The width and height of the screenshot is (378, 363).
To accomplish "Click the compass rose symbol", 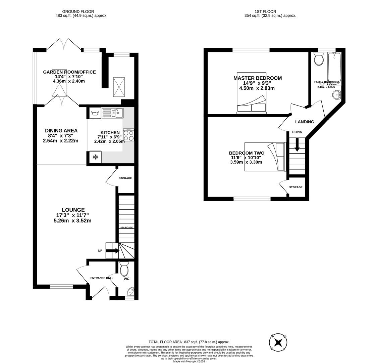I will (278, 342).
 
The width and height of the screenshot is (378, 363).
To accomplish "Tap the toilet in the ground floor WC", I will (124, 269).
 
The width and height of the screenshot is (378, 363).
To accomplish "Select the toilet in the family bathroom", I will (319, 59).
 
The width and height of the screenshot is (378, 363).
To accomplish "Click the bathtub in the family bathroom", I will (334, 67).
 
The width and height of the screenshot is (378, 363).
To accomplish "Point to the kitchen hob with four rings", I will (128, 135).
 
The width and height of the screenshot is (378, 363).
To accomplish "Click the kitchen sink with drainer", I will (113, 113).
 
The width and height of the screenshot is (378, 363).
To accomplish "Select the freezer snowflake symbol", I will (95, 157).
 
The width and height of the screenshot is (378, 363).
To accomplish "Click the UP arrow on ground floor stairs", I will (113, 251).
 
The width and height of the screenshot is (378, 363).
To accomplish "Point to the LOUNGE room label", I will (73, 210).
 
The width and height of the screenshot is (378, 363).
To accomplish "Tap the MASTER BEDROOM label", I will (258, 78).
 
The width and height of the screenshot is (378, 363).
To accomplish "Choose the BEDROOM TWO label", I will (247, 153).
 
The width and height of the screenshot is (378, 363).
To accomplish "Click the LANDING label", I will (305, 122).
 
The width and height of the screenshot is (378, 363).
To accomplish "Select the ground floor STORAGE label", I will (125, 178).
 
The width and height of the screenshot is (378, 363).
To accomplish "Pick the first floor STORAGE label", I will (296, 187).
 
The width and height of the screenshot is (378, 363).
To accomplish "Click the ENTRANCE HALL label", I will (102, 278).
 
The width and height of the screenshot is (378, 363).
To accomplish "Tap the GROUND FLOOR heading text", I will (78, 11).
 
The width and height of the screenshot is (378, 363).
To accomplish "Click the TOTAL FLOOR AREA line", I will (189, 342).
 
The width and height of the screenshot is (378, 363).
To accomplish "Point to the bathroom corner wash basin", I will (337, 95).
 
